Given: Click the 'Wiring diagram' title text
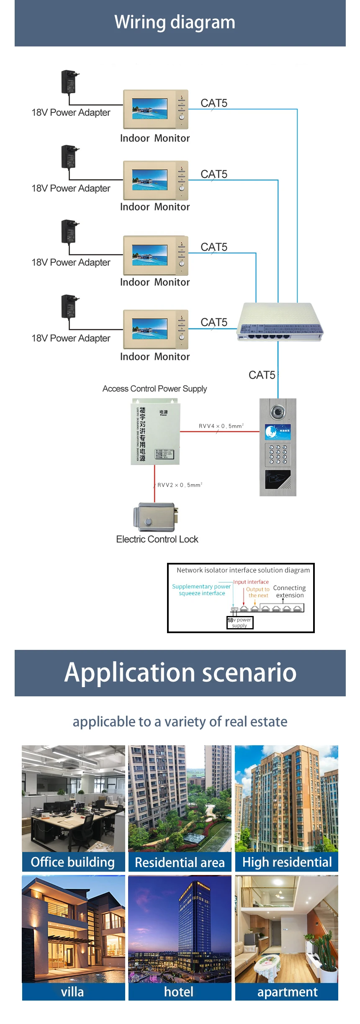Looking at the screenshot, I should click(175, 22).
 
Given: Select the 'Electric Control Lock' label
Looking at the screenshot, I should click(157, 539).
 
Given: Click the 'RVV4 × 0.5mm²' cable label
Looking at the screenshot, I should click(221, 426).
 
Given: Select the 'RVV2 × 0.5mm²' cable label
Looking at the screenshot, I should click(180, 485).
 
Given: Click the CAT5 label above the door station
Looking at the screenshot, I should click(262, 375).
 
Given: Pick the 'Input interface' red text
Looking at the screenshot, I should click(251, 582).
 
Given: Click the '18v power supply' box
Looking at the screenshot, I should click(240, 622).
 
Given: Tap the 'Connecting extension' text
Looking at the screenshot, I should click(289, 591).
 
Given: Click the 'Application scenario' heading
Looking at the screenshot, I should click(180, 672).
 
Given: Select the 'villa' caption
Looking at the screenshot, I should click(73, 991).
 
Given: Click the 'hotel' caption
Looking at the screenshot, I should click(179, 991).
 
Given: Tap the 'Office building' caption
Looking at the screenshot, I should click(73, 862).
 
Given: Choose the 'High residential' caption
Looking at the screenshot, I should click(287, 862).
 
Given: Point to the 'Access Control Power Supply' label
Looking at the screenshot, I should click(154, 388).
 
